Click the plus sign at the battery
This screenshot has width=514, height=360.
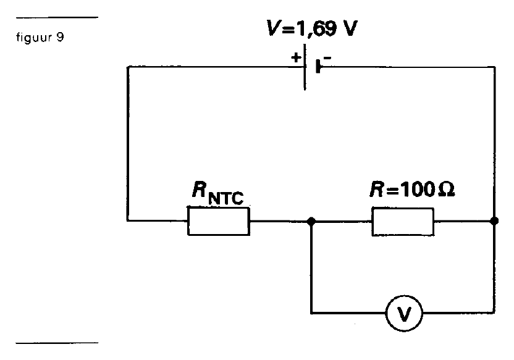point(296,57)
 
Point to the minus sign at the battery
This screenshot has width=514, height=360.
point(327,58)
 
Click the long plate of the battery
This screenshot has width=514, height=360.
point(305,67)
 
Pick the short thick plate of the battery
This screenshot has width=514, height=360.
point(318,66)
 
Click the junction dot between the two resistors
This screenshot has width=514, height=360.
point(311,222)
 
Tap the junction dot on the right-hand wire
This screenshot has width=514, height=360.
point(494,221)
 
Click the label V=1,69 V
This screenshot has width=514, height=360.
point(312,28)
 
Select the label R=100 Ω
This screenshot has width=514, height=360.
point(412,189)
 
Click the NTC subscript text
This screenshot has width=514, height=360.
point(226,198)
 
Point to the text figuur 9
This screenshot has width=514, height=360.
point(40,38)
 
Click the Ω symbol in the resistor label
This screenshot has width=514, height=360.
point(447,190)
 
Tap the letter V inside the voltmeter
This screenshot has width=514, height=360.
point(404,314)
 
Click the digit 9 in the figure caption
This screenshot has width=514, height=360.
point(60,37)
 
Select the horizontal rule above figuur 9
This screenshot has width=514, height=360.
point(57,17)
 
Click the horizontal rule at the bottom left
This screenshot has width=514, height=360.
point(57,343)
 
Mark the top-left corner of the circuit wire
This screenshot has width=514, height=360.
point(128,67)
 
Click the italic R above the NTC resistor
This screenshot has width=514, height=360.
point(200,189)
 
